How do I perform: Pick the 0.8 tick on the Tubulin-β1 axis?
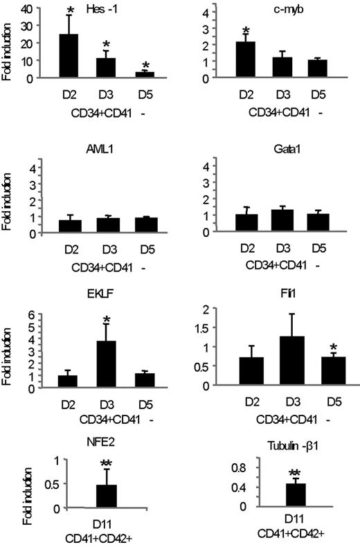pyautogui.click(x=233, y=467)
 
